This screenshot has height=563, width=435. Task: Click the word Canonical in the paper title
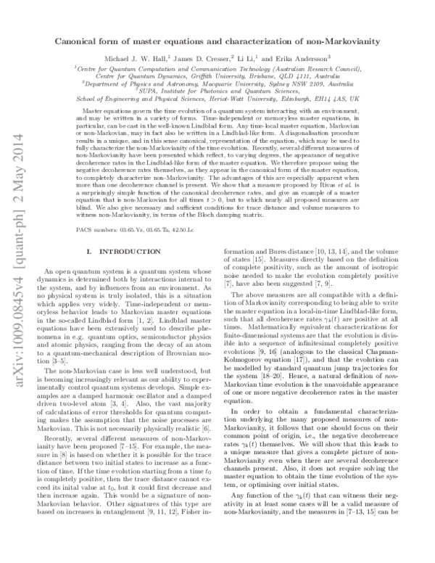click(x=80, y=42)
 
